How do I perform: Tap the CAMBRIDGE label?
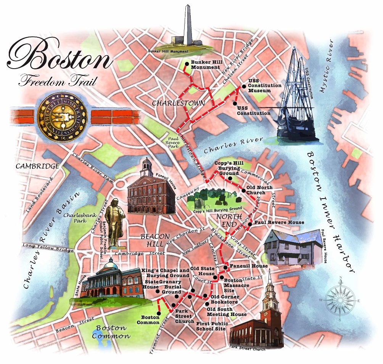click(x=37, y=166)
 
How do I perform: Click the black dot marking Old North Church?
click(x=243, y=190)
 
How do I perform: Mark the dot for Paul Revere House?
click(x=250, y=224)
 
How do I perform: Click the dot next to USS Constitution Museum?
click(x=244, y=86)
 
